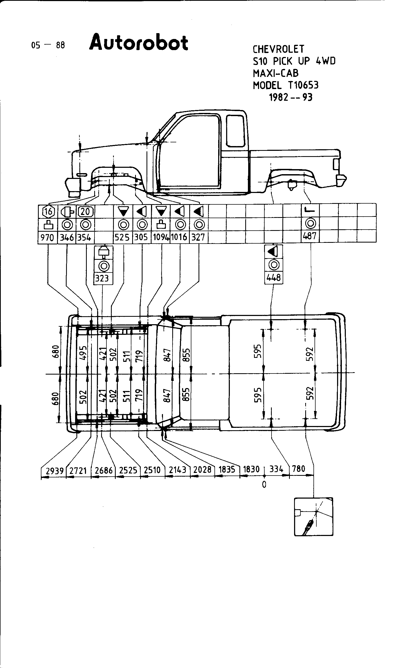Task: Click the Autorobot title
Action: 139,43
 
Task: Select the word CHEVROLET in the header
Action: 278,49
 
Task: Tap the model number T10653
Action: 303,85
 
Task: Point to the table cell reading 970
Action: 47,238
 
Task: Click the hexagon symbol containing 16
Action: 48,212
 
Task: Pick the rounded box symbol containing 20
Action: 85,212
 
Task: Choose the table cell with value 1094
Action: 161,237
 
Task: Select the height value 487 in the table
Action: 310,236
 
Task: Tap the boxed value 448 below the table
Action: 274,278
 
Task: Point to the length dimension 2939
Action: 55,471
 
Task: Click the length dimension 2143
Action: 178,470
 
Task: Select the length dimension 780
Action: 299,469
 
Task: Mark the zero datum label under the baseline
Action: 264,485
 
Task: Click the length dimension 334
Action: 276,469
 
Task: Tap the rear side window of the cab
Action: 235,131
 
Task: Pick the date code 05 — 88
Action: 48,45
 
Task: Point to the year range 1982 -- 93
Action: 291,97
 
